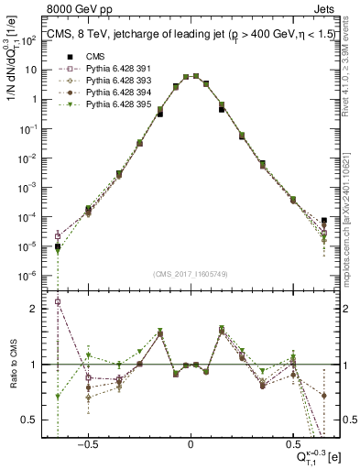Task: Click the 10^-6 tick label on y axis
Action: (28, 276)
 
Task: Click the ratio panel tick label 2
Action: (34, 310)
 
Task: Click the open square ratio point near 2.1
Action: (58, 301)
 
